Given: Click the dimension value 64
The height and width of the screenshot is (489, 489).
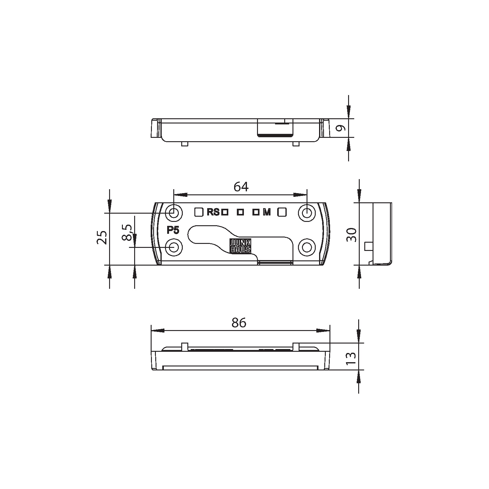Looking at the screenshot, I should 241,187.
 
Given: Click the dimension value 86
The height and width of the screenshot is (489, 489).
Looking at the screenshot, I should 239,322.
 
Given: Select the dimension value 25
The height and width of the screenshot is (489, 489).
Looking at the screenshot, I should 102,237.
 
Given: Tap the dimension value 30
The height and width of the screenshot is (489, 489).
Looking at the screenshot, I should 352,235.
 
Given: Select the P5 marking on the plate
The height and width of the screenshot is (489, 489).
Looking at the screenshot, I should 173,230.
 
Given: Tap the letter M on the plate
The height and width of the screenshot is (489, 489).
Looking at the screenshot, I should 267,212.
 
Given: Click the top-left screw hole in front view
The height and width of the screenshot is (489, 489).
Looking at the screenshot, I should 174,212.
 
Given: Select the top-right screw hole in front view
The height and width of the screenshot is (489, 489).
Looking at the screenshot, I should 307,212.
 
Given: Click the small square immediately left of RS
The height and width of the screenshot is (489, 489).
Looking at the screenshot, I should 199,212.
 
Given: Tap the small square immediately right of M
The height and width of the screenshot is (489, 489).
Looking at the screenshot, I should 282,212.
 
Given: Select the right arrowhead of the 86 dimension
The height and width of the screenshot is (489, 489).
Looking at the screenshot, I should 323,331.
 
